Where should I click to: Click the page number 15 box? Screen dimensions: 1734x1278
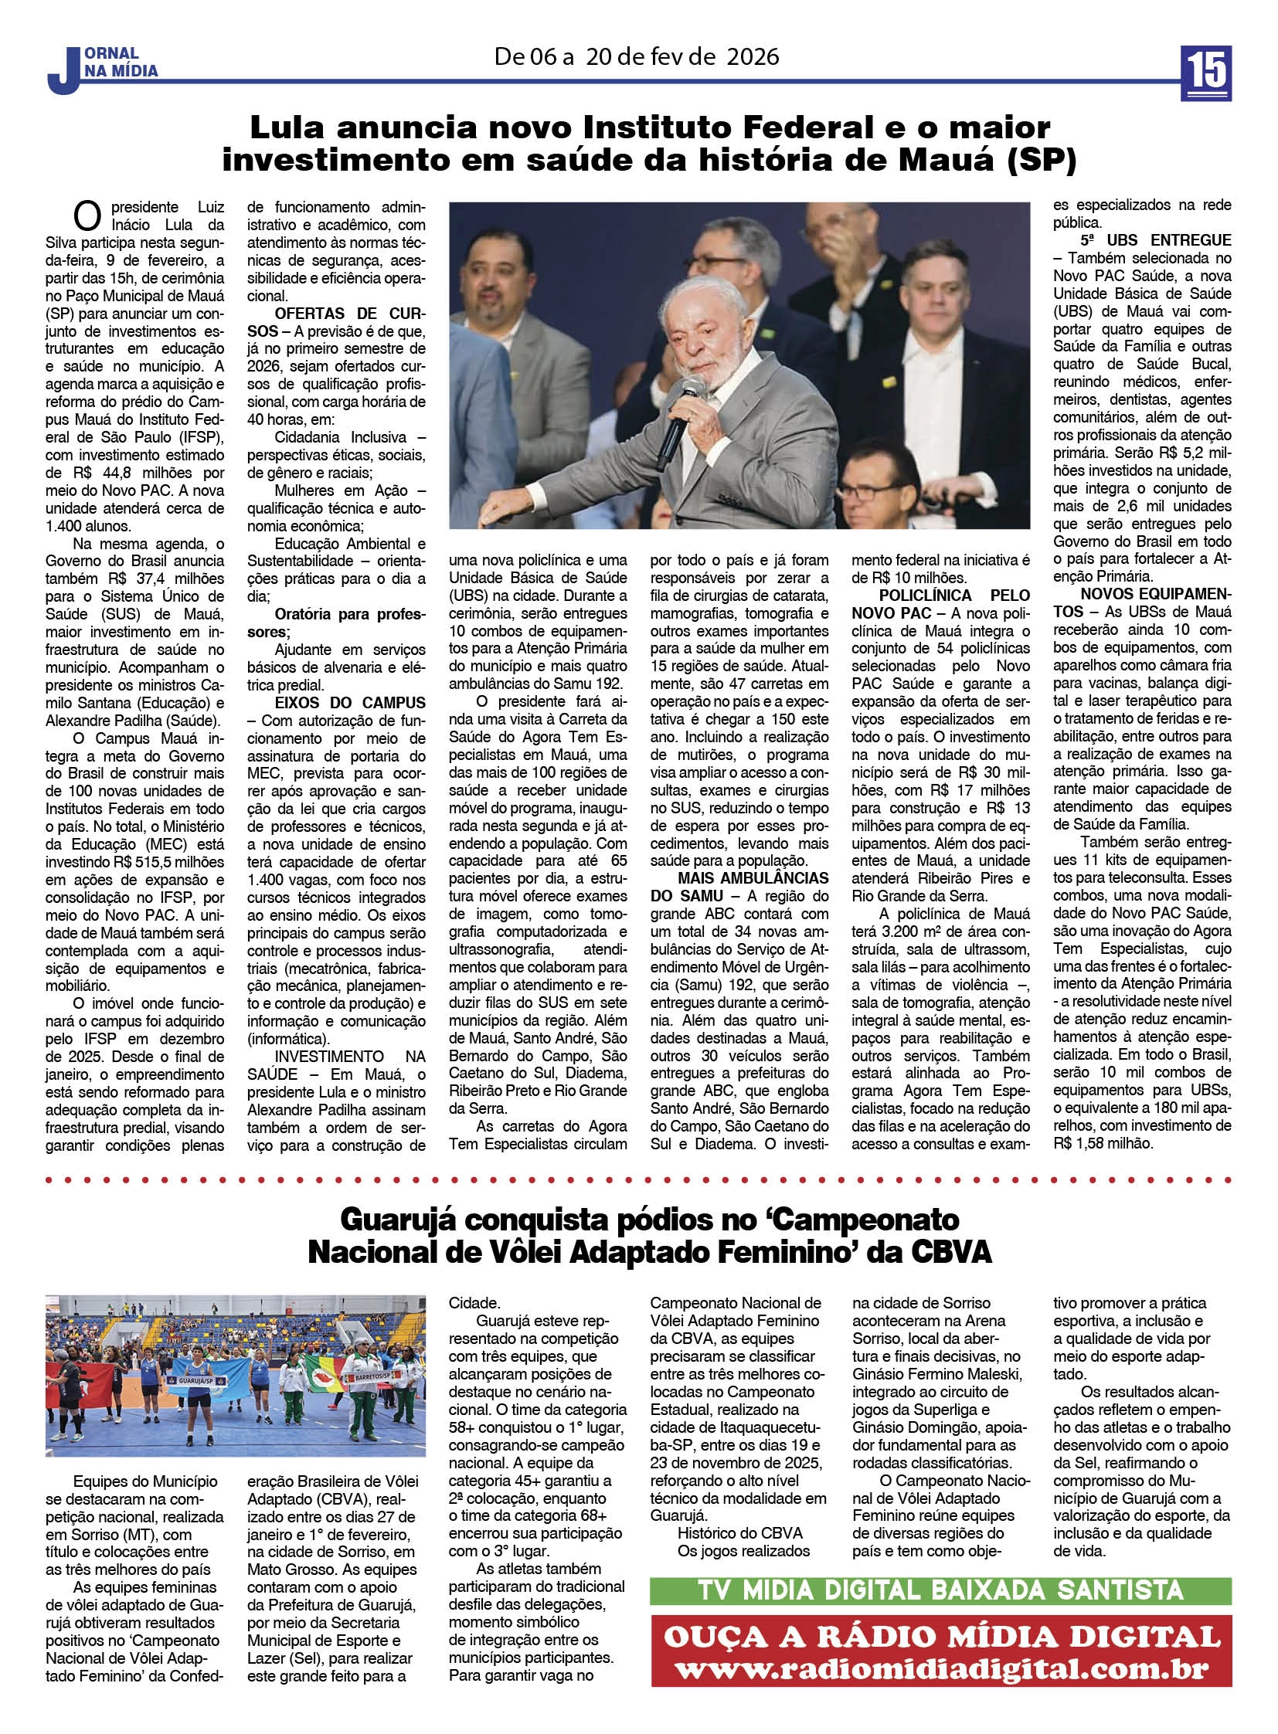[1206, 73]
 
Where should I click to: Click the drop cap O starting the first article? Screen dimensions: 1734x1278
[87, 217]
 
